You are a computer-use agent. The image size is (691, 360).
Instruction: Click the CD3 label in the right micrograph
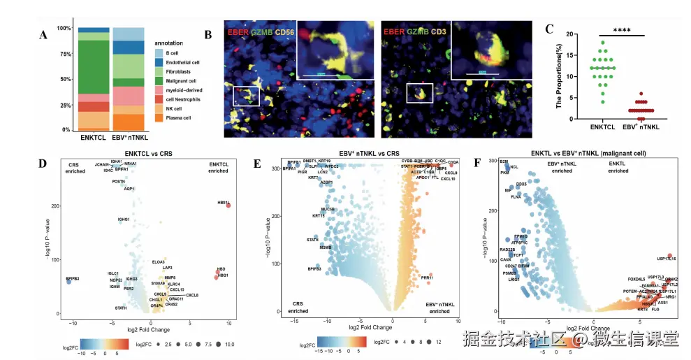[x=441, y=31]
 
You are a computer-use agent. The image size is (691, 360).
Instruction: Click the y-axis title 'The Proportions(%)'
[x=559, y=76]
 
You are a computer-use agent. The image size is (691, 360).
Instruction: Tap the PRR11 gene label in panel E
[x=428, y=278]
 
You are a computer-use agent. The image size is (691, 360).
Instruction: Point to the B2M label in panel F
[x=503, y=162]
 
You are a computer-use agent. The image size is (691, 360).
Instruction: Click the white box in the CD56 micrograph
[x=245, y=96]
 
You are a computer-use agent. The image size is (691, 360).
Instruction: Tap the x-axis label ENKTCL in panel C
[x=601, y=128]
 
